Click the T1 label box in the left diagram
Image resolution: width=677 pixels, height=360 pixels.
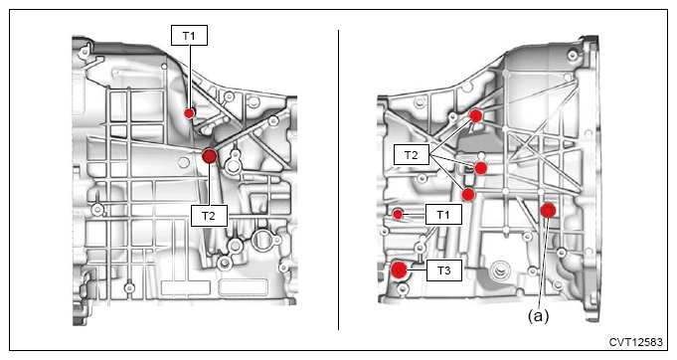point(189,36)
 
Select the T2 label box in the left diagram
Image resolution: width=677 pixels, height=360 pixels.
point(209,216)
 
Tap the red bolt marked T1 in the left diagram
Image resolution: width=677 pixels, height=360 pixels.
point(189,113)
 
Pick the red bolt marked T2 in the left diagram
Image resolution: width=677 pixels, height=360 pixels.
point(210,156)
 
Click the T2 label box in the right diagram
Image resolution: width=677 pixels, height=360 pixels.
point(412,155)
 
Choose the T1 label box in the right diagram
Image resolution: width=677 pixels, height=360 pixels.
point(443,214)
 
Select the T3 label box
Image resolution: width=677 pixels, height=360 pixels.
point(443,270)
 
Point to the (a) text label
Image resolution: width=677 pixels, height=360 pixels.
point(538,316)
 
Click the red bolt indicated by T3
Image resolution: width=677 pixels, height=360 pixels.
point(399,270)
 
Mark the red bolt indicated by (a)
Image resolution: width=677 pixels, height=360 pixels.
point(549,210)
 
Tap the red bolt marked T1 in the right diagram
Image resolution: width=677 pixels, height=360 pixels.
point(398,214)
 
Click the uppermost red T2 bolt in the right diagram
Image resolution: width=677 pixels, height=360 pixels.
point(476,115)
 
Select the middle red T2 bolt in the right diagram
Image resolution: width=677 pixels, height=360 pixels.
point(481,168)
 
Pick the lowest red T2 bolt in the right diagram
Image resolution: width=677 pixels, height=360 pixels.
point(468,194)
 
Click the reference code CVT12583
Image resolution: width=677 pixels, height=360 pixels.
point(635,342)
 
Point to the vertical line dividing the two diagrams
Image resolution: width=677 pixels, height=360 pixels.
point(338,180)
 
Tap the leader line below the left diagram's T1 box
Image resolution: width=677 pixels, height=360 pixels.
point(190,77)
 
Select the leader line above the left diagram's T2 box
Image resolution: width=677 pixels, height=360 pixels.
point(210,184)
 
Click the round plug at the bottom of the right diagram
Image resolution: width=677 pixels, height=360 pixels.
point(500,271)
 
